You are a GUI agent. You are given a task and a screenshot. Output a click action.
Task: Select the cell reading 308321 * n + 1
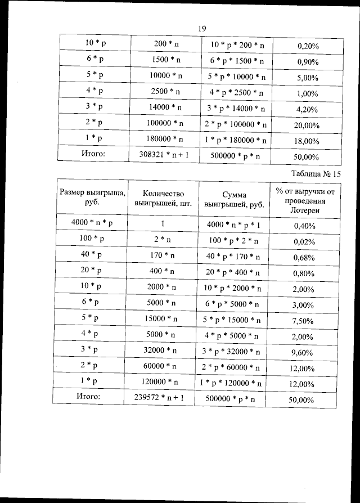click(x=165, y=155)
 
